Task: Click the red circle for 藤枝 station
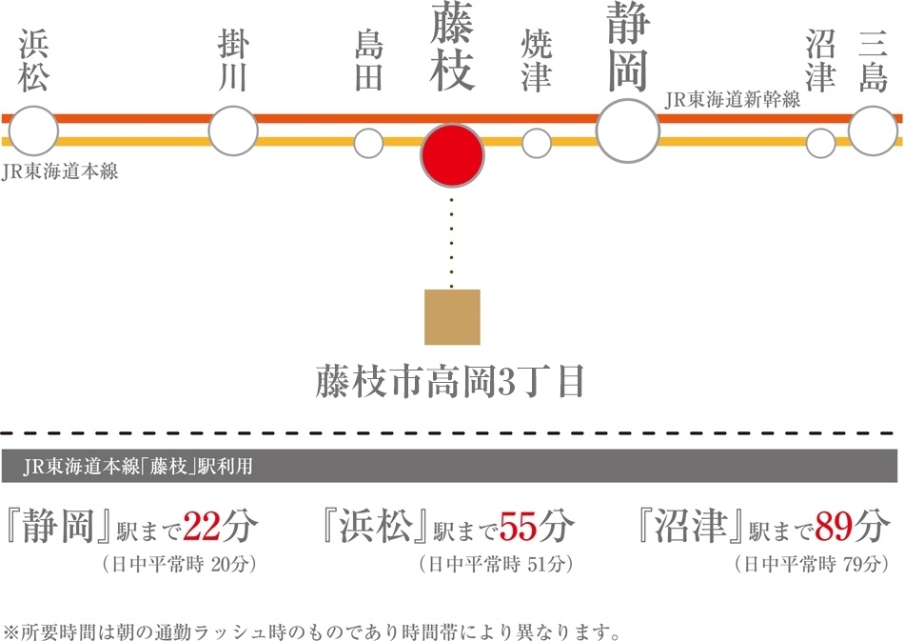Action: pos(452,156)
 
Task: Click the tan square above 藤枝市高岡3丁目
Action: pos(452,317)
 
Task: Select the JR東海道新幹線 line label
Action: pos(732,100)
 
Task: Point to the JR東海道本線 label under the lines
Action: pos(60,171)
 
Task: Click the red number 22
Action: pos(202,526)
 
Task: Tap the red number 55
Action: pos(519,526)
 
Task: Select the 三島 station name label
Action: pos(873,61)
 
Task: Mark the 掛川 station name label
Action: pos(233,61)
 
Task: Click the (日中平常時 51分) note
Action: pos(497,564)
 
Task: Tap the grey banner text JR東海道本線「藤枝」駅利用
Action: pos(138,466)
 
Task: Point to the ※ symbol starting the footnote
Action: pos(11,630)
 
